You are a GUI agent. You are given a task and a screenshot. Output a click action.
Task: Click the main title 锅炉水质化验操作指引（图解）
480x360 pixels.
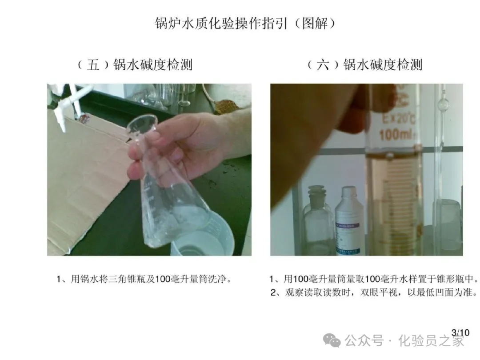[245, 23]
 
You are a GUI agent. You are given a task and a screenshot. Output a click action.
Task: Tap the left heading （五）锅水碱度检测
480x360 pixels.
[135, 64]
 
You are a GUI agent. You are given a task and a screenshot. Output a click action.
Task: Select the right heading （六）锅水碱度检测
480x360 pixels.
[364, 64]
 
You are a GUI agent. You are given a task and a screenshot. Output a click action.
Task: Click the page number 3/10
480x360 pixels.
[460, 333]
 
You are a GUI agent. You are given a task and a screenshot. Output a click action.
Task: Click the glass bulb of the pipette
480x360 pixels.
[443, 105]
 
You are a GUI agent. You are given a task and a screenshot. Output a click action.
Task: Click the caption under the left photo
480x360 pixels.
[144, 279]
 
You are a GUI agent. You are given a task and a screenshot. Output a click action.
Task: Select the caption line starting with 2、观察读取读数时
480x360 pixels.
[374, 292]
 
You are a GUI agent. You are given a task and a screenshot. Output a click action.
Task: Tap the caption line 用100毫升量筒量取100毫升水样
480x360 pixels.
[373, 279]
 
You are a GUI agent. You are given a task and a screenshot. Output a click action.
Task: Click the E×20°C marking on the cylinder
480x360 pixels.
[398, 119]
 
